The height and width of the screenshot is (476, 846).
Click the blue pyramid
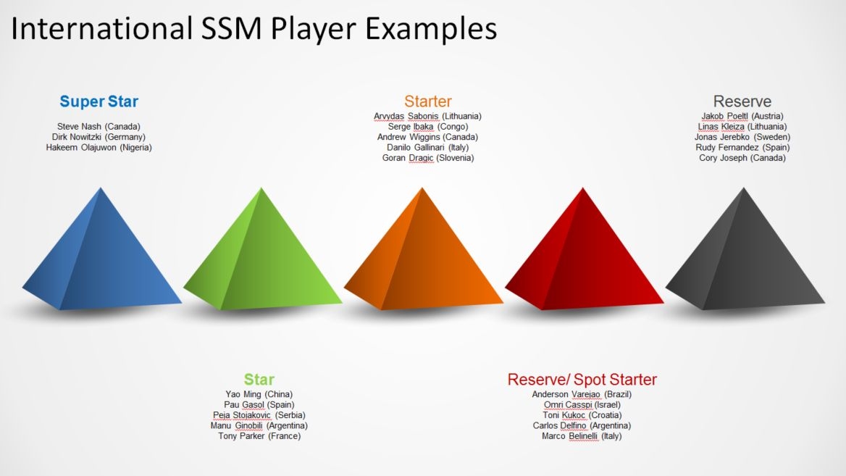[101, 254]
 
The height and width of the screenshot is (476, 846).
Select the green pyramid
[262, 254]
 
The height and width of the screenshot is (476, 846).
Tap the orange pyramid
[423, 254]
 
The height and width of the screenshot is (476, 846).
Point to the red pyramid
[584, 254]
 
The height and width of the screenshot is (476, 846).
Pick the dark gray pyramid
[745, 254]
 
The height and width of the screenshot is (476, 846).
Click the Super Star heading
[99, 101]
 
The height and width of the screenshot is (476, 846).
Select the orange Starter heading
[428, 101]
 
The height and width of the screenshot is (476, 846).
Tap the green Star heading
[259, 380]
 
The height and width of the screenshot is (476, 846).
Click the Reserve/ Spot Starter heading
[582, 380]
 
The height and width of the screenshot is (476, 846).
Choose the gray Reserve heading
[742, 101]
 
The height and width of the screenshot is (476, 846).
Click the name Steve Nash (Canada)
[99, 127]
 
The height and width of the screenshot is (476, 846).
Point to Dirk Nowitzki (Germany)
[99, 137]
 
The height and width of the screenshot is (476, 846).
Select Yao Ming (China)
[259, 395]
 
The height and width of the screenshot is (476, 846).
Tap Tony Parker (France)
[259, 436]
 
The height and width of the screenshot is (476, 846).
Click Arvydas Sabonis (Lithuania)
[428, 116]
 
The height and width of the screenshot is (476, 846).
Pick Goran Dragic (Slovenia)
[428, 158]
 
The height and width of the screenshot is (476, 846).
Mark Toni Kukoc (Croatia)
[582, 415]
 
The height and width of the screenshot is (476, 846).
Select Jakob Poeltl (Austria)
[742, 116]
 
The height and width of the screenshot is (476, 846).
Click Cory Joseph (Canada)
[742, 158]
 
